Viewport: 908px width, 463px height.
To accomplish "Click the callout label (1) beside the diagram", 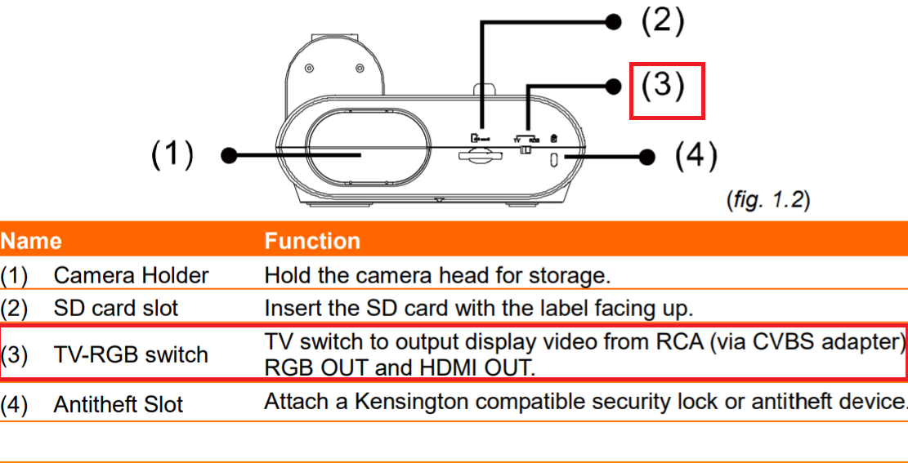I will coord(172,154).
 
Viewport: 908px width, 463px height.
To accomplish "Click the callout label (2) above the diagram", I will coord(662,21).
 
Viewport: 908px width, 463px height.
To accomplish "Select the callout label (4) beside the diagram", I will coord(696,156).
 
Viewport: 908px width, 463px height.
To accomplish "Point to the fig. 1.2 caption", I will coord(767,201).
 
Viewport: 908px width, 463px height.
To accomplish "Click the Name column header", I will coord(31,241).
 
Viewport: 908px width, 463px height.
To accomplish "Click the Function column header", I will coord(312,241).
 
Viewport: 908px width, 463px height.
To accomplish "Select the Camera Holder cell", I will coord(131,275).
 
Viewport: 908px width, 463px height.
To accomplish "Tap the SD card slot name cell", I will coord(116,309).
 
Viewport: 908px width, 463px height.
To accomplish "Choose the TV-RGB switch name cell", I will coord(131,355).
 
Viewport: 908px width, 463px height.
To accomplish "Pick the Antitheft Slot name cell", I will coord(119,404).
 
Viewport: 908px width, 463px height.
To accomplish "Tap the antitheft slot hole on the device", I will coord(553,159).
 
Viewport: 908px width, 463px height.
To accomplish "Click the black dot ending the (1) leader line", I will coord(229,155).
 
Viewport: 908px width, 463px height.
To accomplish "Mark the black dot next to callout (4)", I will coord(647,155).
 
